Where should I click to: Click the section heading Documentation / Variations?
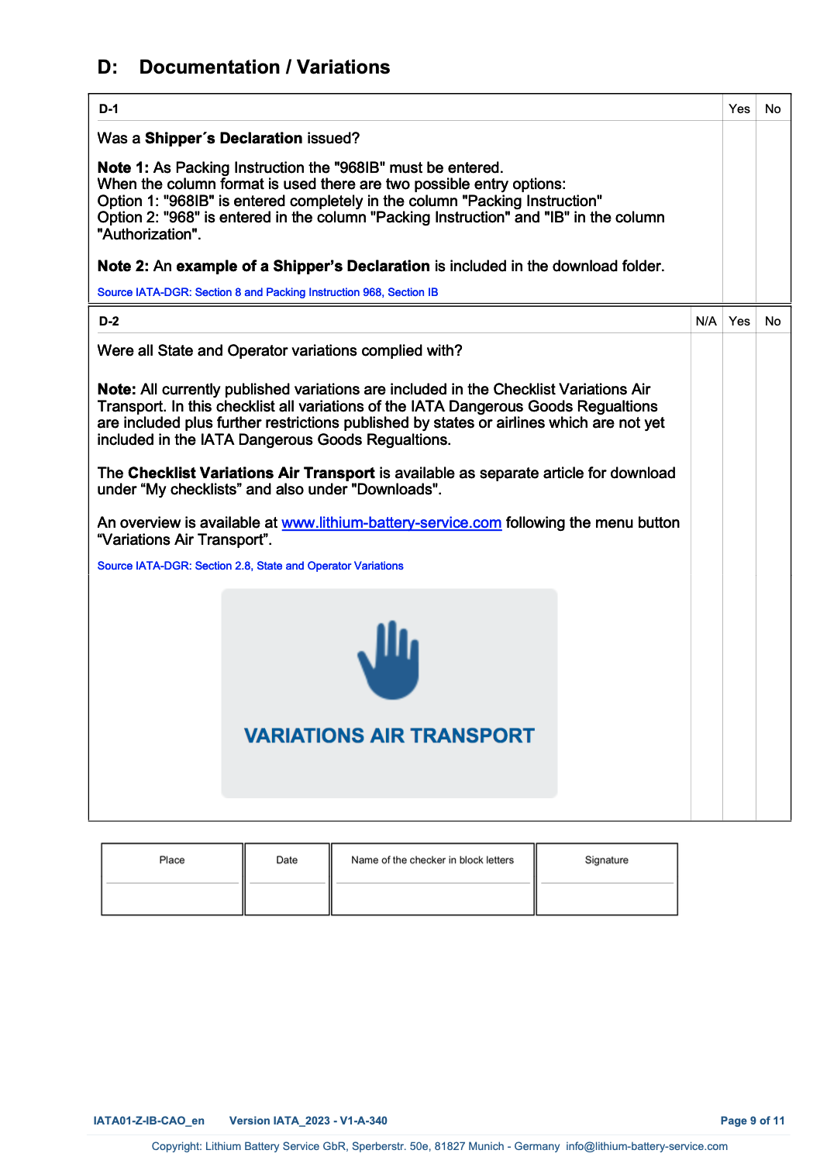click(264, 67)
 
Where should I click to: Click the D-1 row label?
click(109, 109)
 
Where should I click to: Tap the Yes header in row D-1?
click(739, 109)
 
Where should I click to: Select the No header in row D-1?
click(773, 109)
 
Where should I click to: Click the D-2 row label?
click(109, 322)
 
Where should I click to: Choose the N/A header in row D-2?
click(706, 322)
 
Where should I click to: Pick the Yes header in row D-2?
click(739, 322)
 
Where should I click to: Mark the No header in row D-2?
click(773, 322)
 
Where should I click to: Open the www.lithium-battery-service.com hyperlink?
click(391, 523)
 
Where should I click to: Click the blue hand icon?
click(389, 659)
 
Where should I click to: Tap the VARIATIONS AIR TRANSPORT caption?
click(389, 735)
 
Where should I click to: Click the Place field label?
click(172, 860)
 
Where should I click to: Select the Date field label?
click(287, 860)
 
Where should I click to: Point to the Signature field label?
click(607, 860)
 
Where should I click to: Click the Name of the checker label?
click(432, 860)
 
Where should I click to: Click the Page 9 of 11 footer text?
click(752, 1121)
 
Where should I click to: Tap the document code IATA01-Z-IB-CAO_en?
click(149, 1121)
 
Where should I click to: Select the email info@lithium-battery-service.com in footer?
click(646, 1146)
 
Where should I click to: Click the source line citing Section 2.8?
click(250, 566)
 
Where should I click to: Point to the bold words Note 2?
click(123, 267)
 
